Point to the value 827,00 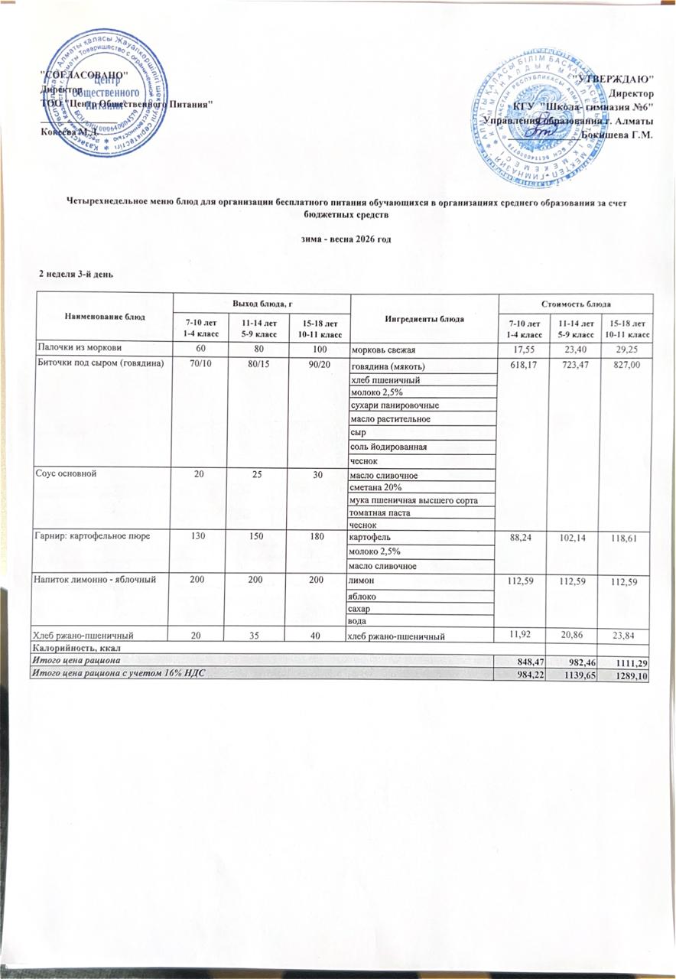tap(624, 366)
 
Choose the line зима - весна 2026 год tap(338, 240)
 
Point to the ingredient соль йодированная tap(388, 446)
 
